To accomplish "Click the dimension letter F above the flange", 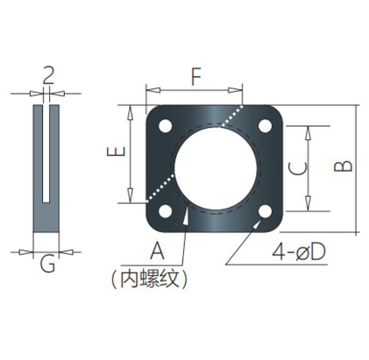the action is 196,77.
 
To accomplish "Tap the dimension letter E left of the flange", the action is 117,152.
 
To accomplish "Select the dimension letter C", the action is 297,169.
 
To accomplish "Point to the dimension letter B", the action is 344,166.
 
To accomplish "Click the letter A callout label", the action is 157,251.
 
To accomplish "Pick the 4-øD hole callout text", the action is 299,252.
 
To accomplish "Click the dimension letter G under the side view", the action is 47,265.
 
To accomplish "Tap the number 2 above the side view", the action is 48,75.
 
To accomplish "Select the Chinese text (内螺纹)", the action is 149,279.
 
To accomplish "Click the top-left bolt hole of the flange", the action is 166,126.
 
